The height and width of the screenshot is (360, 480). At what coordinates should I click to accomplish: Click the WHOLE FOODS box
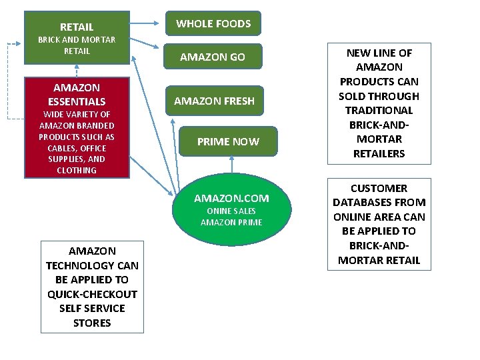tap(213, 23)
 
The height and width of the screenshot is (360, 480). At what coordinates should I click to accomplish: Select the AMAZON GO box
tap(213, 57)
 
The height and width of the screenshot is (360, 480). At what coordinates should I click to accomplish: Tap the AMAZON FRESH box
tap(214, 101)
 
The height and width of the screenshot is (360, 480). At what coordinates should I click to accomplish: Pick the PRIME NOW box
tap(228, 141)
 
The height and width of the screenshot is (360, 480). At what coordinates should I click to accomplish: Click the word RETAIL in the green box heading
tap(77, 27)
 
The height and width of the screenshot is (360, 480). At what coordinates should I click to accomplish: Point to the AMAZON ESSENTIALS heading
tap(77, 95)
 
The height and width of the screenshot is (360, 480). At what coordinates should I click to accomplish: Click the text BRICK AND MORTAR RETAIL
tap(77, 45)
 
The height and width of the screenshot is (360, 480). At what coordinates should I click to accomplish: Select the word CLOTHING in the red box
tap(77, 170)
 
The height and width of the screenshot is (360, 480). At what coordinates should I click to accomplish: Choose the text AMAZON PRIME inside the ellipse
tap(231, 222)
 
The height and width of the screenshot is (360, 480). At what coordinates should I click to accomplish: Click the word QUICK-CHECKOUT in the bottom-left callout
tap(92, 294)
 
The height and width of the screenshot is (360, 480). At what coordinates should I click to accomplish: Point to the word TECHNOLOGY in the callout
tap(92, 265)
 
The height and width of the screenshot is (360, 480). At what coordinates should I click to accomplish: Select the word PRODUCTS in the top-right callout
tap(379, 81)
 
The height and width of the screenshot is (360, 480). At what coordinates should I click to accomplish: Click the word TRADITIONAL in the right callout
tap(379, 110)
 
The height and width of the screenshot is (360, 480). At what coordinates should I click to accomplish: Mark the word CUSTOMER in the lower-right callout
tap(379, 188)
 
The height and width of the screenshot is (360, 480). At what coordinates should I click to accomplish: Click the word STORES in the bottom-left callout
tap(92, 323)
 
